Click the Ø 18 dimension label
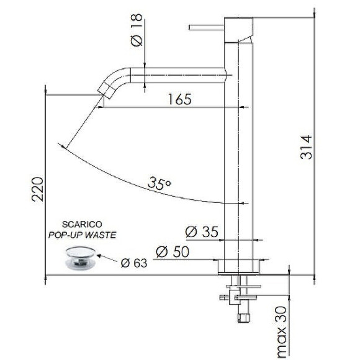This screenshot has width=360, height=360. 137,30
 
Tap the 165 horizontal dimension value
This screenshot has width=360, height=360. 179,99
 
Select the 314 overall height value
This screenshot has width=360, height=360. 306,147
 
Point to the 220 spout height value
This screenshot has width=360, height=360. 37,189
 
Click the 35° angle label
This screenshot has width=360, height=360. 160,183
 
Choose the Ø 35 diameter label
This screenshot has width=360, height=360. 202,232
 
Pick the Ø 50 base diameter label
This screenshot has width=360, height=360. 173,251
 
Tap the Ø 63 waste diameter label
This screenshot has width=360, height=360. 134,263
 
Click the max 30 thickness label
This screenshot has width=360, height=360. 282,333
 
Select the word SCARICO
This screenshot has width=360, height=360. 82,224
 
